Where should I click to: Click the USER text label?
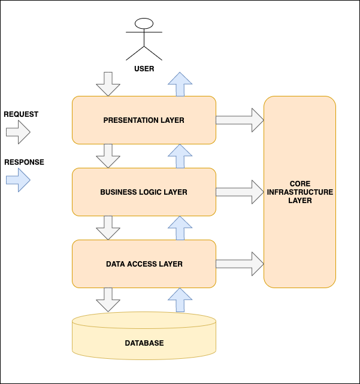[x=144, y=69]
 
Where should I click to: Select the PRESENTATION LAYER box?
[x=144, y=120]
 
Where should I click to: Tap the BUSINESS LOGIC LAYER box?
[x=144, y=192]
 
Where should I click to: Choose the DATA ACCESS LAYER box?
[x=144, y=264]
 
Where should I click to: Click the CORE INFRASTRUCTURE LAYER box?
[x=300, y=192]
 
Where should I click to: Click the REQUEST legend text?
[x=21, y=114]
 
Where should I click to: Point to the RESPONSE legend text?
[x=24, y=162]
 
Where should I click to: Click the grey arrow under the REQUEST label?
[x=18, y=132]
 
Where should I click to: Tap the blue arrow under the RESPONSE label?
[x=18, y=180]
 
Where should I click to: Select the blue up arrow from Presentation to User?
[x=179, y=84]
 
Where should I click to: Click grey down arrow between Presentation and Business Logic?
[x=108, y=156]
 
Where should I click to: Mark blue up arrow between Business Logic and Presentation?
[x=179, y=156]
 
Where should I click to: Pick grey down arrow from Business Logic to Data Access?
[x=108, y=228]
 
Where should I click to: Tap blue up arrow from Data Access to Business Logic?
[x=179, y=228]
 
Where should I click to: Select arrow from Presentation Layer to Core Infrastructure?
[x=240, y=120]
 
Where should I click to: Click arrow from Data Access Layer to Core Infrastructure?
[x=240, y=264]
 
